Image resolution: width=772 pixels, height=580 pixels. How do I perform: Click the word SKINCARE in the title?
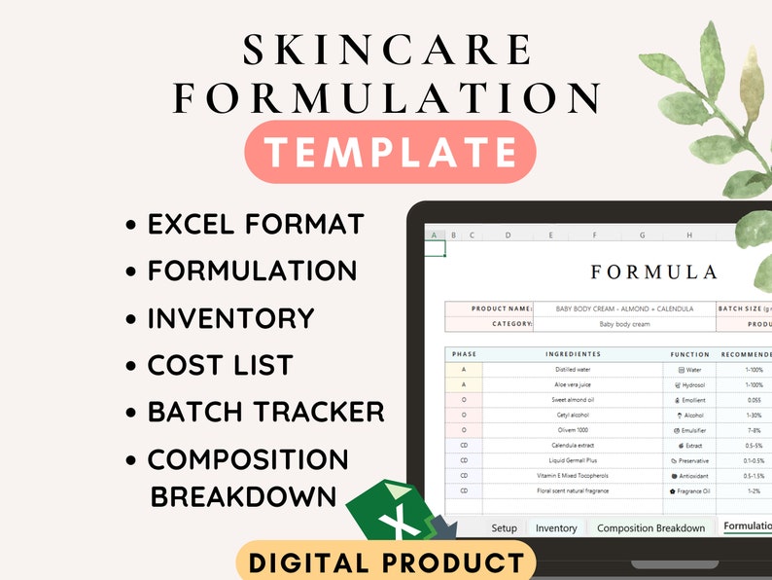(387, 50)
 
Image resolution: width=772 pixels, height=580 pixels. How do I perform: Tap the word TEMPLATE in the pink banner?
(391, 153)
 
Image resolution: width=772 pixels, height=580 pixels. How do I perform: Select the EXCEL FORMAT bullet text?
(257, 224)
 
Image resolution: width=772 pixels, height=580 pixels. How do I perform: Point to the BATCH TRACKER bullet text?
(265, 412)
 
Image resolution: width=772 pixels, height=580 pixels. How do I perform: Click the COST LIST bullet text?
(220, 365)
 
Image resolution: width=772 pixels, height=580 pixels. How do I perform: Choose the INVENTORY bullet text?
(231, 318)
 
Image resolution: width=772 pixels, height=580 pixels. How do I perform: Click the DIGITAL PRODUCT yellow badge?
(386, 562)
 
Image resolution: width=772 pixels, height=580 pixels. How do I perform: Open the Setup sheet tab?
(504, 528)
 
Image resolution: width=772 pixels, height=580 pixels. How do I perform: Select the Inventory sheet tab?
(556, 528)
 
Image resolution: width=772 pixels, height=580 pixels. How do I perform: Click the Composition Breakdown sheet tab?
(650, 528)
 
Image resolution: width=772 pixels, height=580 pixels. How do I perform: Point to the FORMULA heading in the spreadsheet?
(653, 272)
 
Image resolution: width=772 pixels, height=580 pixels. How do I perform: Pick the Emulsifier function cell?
(689, 430)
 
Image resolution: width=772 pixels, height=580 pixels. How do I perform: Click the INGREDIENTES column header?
(574, 354)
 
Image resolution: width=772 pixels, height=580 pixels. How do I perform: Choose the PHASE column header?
(464, 354)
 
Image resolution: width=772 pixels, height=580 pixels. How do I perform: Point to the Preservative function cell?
(689, 460)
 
